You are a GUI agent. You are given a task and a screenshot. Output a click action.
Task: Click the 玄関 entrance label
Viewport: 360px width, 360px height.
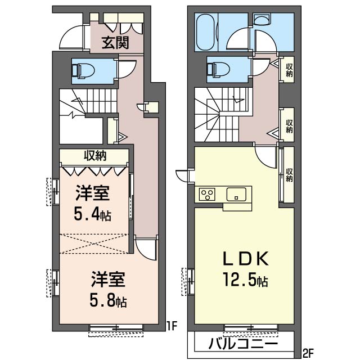[x=115, y=43]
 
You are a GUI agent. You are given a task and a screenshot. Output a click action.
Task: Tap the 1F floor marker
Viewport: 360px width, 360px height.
[x=172, y=326]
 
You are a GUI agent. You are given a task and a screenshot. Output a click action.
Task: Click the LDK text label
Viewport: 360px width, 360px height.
[x=246, y=259]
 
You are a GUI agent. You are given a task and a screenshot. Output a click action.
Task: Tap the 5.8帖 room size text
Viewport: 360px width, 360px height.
[x=108, y=300]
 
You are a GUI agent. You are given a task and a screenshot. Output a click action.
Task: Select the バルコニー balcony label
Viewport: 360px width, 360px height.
[x=243, y=344]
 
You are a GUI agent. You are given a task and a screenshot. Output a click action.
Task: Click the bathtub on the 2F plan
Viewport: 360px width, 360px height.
[x=205, y=33]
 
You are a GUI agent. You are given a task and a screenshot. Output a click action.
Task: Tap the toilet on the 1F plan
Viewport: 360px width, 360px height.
[x=82, y=69]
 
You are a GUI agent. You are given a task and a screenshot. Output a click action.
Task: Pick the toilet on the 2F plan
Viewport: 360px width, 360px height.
[x=218, y=69]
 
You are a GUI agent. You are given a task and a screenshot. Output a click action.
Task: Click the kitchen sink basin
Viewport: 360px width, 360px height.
[x=236, y=194]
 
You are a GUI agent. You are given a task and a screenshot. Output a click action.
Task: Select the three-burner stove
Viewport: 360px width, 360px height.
[x=207, y=194]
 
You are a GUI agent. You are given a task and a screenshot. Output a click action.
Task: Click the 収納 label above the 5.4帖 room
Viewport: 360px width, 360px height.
[x=95, y=156]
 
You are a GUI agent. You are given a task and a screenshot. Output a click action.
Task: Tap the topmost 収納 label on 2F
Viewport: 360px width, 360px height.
[x=289, y=70]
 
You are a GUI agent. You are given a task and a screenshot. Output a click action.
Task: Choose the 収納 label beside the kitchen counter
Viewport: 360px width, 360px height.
[x=289, y=175]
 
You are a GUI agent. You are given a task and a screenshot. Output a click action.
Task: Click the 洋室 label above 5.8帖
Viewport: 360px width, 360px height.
[x=108, y=279]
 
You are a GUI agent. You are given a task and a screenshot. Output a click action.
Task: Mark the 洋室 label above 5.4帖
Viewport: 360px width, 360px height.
[x=92, y=193]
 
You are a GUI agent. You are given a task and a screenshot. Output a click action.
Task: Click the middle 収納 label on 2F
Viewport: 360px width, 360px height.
[x=289, y=126]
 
